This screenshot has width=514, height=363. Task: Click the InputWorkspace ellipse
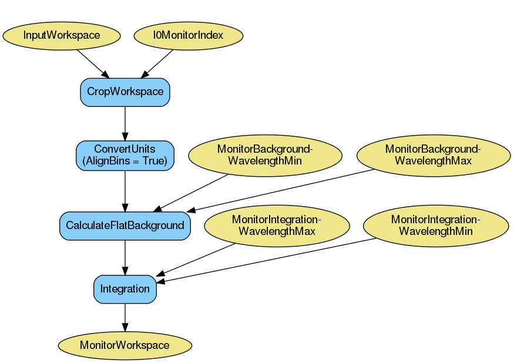click(62, 35)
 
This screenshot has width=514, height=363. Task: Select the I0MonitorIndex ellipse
click(188, 35)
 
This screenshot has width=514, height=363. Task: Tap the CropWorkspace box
click(125, 92)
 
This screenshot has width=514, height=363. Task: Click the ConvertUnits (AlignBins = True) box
click(125, 155)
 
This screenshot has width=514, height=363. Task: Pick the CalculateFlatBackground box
click(125, 226)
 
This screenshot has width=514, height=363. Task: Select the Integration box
click(125, 289)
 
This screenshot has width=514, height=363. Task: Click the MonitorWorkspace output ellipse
click(125, 345)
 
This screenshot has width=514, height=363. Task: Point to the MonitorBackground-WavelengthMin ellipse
click(265, 155)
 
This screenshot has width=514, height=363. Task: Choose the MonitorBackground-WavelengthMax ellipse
click(433, 155)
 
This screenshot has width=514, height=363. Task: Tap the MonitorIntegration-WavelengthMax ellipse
click(277, 226)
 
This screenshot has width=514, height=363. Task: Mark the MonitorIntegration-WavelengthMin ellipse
click(436, 226)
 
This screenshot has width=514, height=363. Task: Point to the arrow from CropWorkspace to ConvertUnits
click(125, 123)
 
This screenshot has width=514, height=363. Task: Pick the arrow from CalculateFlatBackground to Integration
click(125, 257)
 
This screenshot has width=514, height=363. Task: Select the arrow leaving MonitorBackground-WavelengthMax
click(282, 190)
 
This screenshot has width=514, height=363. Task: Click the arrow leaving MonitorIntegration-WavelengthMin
click(270, 260)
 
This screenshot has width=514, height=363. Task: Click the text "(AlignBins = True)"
click(125, 161)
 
